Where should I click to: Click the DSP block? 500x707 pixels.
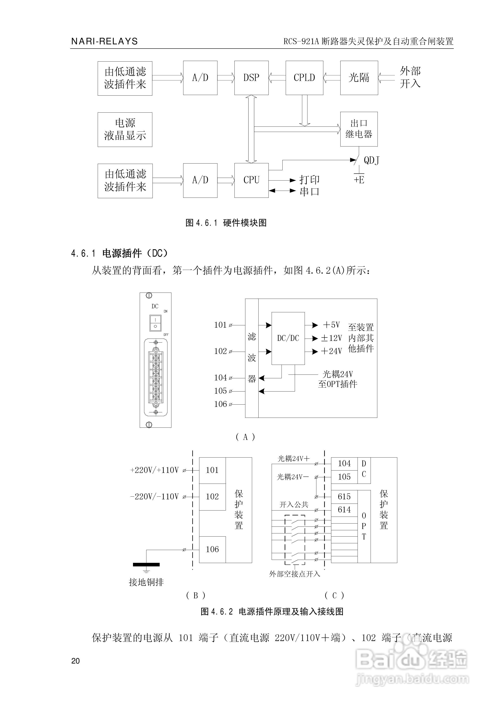[x=251, y=78]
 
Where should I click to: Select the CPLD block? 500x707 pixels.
[x=304, y=78]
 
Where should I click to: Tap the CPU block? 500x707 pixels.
[x=251, y=180]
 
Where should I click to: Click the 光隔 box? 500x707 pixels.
[x=359, y=78]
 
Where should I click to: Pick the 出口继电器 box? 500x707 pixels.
[x=359, y=129]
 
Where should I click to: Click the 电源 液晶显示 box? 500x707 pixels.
[x=125, y=129]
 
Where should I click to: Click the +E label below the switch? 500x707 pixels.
[x=359, y=180]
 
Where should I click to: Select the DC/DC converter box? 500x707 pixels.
[x=288, y=338]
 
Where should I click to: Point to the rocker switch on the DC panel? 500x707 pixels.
[x=155, y=323]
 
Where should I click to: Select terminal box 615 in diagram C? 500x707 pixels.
[x=344, y=497]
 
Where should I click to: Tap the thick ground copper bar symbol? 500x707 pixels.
[x=146, y=565]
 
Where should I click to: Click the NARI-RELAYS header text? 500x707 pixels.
[x=104, y=41]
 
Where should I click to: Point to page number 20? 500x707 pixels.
[x=75, y=661]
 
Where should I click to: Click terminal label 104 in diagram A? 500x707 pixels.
[x=220, y=377]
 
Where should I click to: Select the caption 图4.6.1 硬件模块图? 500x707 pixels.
[x=226, y=223]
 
